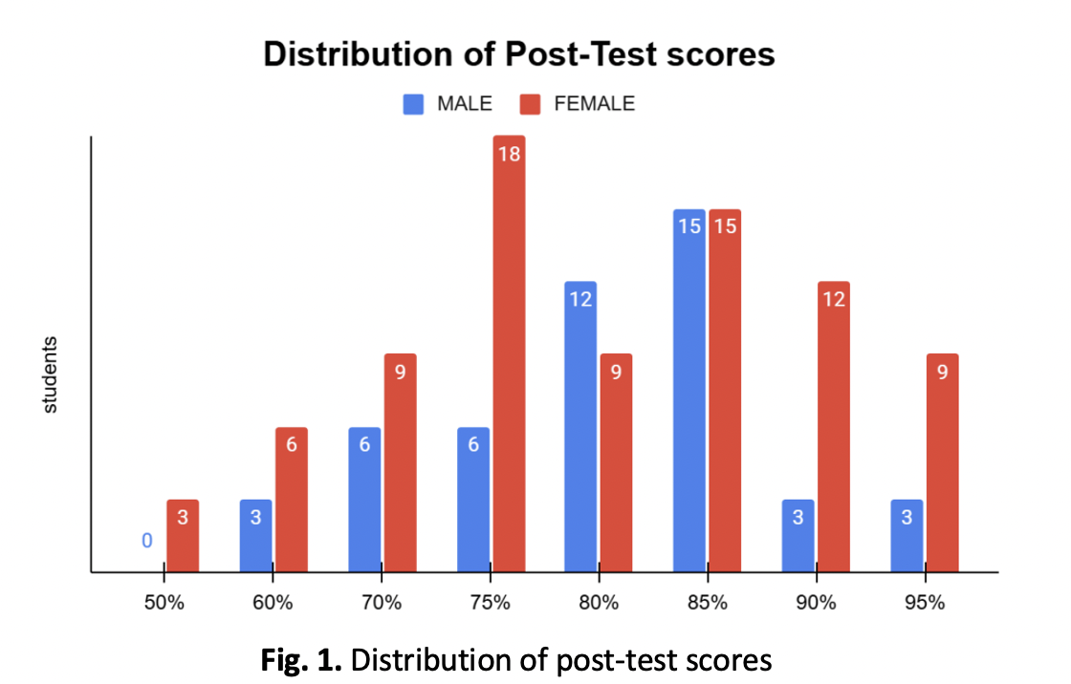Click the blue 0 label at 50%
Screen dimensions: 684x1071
tap(146, 541)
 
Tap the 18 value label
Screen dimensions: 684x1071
tap(509, 153)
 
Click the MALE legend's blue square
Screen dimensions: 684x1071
tap(414, 104)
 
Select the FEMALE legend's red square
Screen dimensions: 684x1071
tap(532, 104)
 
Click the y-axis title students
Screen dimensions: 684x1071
tap(51, 374)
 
